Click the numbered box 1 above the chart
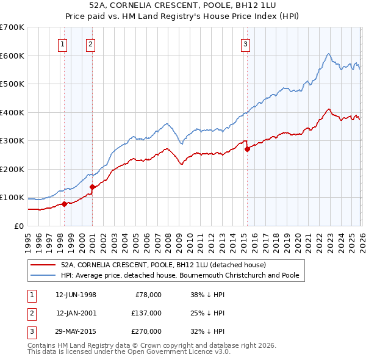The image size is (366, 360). tap(63, 43)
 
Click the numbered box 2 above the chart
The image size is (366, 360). tap(90, 43)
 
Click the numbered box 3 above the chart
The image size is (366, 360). tap(245, 43)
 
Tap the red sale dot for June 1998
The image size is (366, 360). tap(64, 204)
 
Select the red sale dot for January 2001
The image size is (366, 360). tap(92, 187)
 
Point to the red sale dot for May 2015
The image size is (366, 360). tap(247, 149)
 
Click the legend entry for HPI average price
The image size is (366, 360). tap(179, 275)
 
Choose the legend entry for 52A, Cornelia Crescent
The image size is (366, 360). tap(163, 265)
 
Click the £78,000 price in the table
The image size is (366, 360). tap(147, 294)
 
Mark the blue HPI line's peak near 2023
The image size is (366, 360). tap(328, 54)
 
